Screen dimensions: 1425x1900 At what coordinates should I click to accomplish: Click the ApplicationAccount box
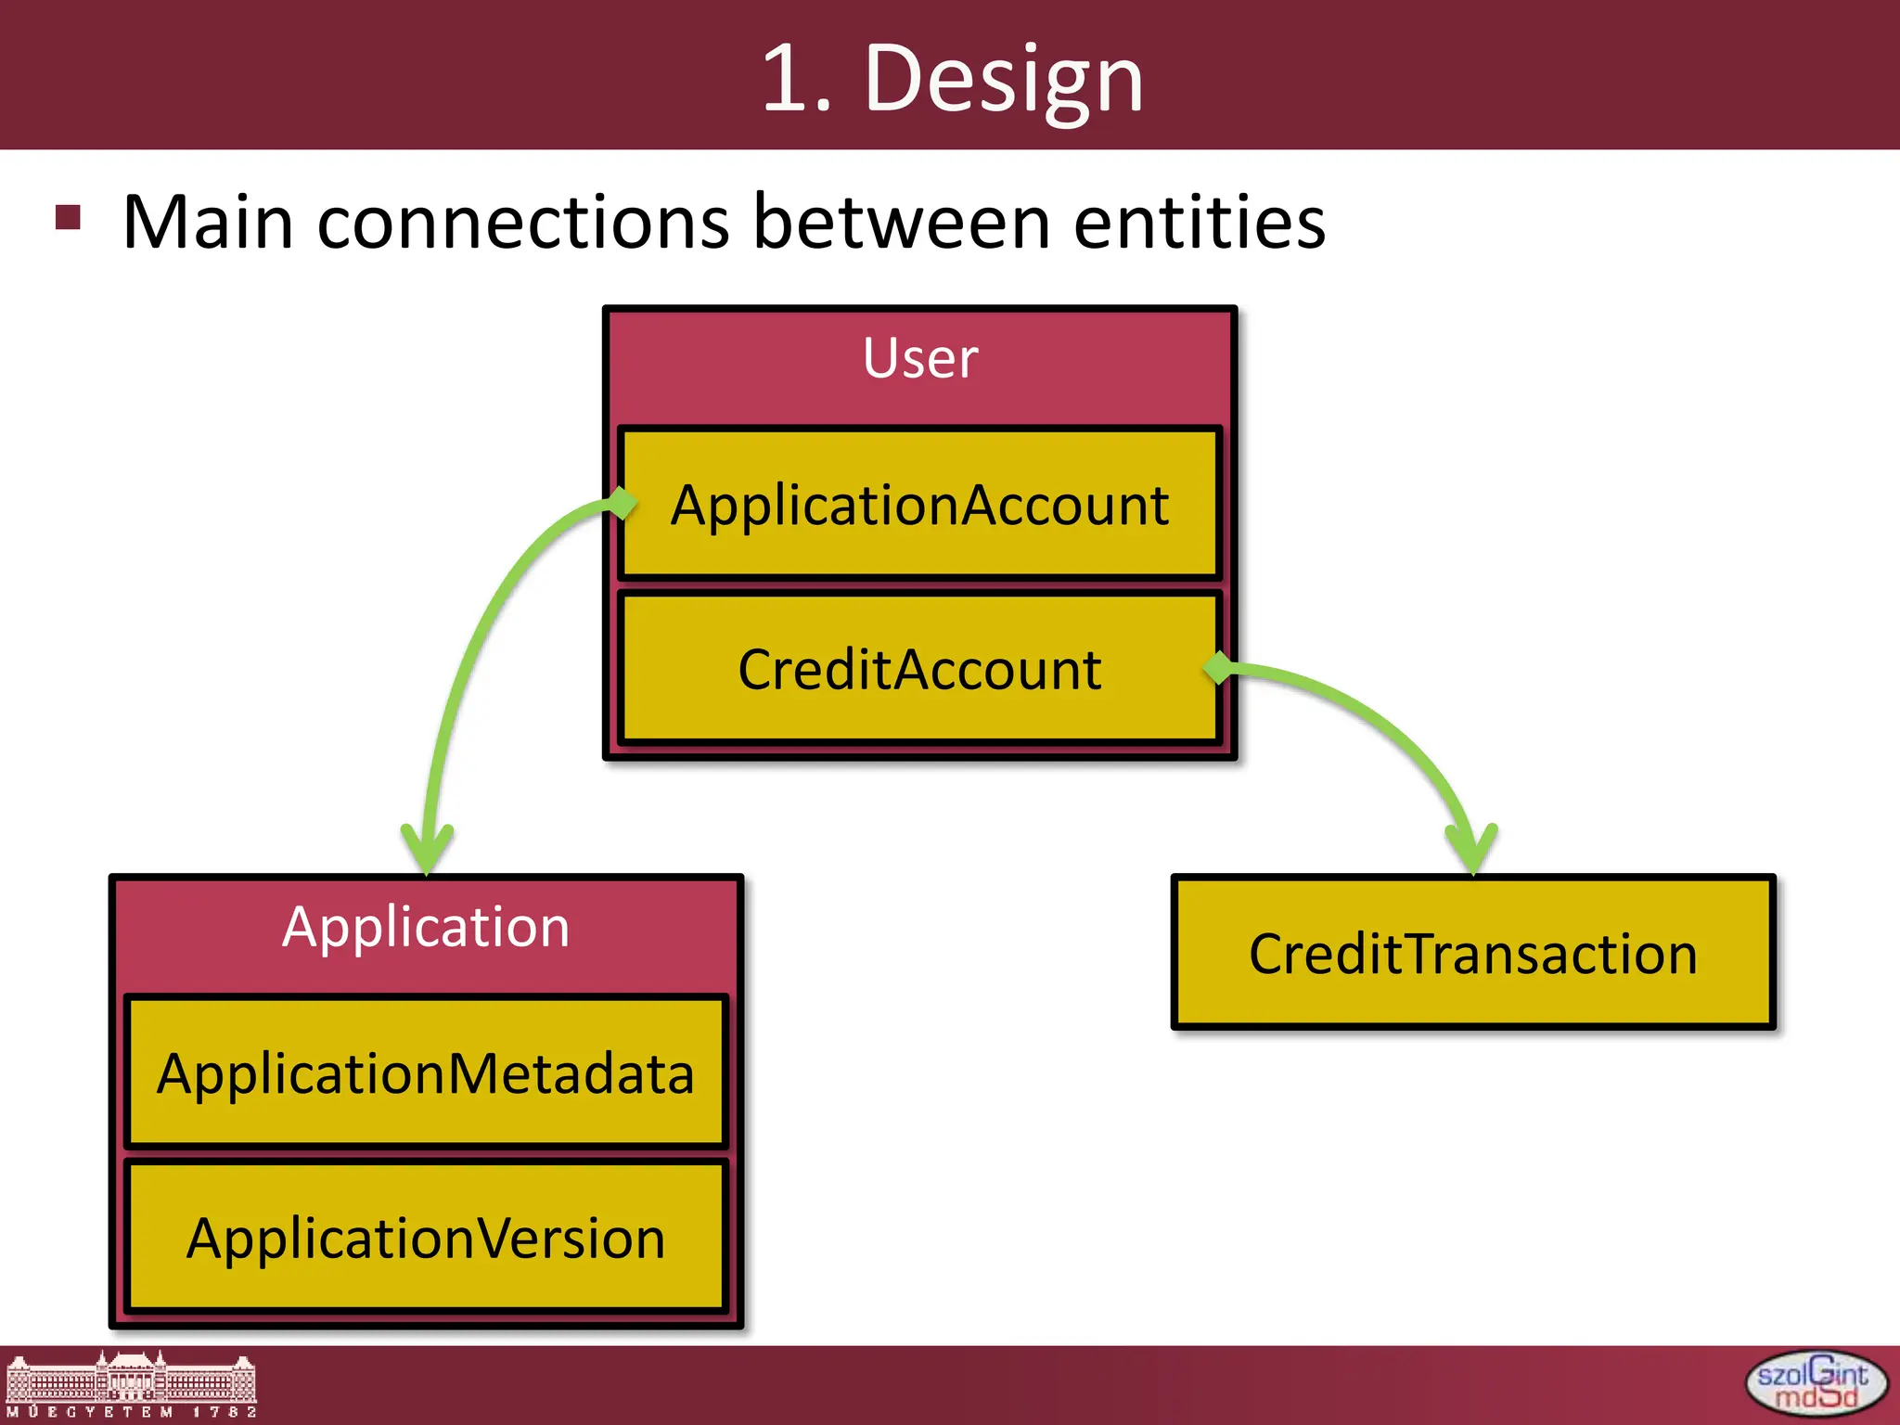(918, 505)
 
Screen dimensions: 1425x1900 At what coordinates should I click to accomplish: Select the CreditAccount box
(918, 669)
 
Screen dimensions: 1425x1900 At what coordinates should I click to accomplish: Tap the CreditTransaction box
(1472, 953)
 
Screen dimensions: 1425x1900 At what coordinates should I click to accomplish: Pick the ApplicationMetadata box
(426, 1073)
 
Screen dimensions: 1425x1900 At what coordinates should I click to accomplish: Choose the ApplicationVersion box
(426, 1238)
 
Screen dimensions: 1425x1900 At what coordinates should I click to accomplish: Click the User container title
(919, 358)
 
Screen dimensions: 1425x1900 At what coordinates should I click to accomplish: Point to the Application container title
(426, 927)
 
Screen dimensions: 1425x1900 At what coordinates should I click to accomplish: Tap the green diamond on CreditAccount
(1219, 667)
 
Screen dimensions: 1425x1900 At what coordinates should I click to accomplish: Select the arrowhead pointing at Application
(427, 849)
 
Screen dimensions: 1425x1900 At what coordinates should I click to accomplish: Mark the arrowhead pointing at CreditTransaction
(1472, 849)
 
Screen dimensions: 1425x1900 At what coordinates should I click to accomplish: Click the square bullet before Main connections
(69, 217)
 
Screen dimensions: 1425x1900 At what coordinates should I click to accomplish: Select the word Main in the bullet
(208, 223)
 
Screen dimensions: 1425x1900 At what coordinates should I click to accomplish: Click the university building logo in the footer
(131, 1383)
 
